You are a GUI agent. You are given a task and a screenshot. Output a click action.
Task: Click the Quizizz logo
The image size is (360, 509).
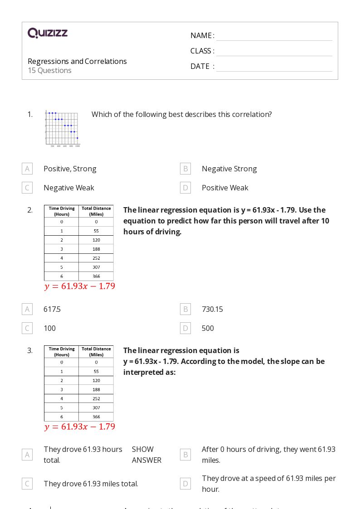point(48,33)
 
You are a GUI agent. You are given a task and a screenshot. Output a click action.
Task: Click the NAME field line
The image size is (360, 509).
point(274,36)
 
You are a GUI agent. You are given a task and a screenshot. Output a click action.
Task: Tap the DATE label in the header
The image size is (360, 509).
point(200,66)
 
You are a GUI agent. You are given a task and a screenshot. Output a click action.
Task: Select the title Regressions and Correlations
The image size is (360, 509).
point(77,61)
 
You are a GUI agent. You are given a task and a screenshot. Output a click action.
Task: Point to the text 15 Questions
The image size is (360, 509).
point(49,70)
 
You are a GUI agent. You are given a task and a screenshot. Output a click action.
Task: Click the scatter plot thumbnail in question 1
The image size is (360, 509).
point(63,128)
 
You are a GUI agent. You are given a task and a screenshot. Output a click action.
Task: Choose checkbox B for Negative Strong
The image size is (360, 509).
point(185,169)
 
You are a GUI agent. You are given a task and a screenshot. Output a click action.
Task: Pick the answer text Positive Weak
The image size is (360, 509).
point(225,188)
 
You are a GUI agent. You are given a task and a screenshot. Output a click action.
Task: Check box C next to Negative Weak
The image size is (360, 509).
point(27,188)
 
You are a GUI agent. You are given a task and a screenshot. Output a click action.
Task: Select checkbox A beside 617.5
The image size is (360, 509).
point(27,309)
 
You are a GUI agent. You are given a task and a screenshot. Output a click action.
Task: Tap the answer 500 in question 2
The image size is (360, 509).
point(208,328)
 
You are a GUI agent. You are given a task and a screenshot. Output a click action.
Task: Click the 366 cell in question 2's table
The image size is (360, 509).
point(96,276)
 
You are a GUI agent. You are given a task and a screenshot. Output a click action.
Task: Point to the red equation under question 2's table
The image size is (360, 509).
point(80,286)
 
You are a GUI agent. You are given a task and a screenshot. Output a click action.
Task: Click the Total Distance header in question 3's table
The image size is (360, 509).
point(96,352)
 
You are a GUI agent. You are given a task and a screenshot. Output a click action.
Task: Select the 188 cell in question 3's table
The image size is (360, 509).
point(96,389)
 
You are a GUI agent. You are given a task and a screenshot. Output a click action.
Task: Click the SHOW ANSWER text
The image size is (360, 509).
point(146,455)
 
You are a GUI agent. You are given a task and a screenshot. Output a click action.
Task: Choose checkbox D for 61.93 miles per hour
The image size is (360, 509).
point(185,484)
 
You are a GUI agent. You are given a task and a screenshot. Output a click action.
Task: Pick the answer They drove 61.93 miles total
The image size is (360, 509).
point(91,484)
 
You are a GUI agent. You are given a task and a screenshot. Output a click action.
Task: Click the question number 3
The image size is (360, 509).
point(30,350)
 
